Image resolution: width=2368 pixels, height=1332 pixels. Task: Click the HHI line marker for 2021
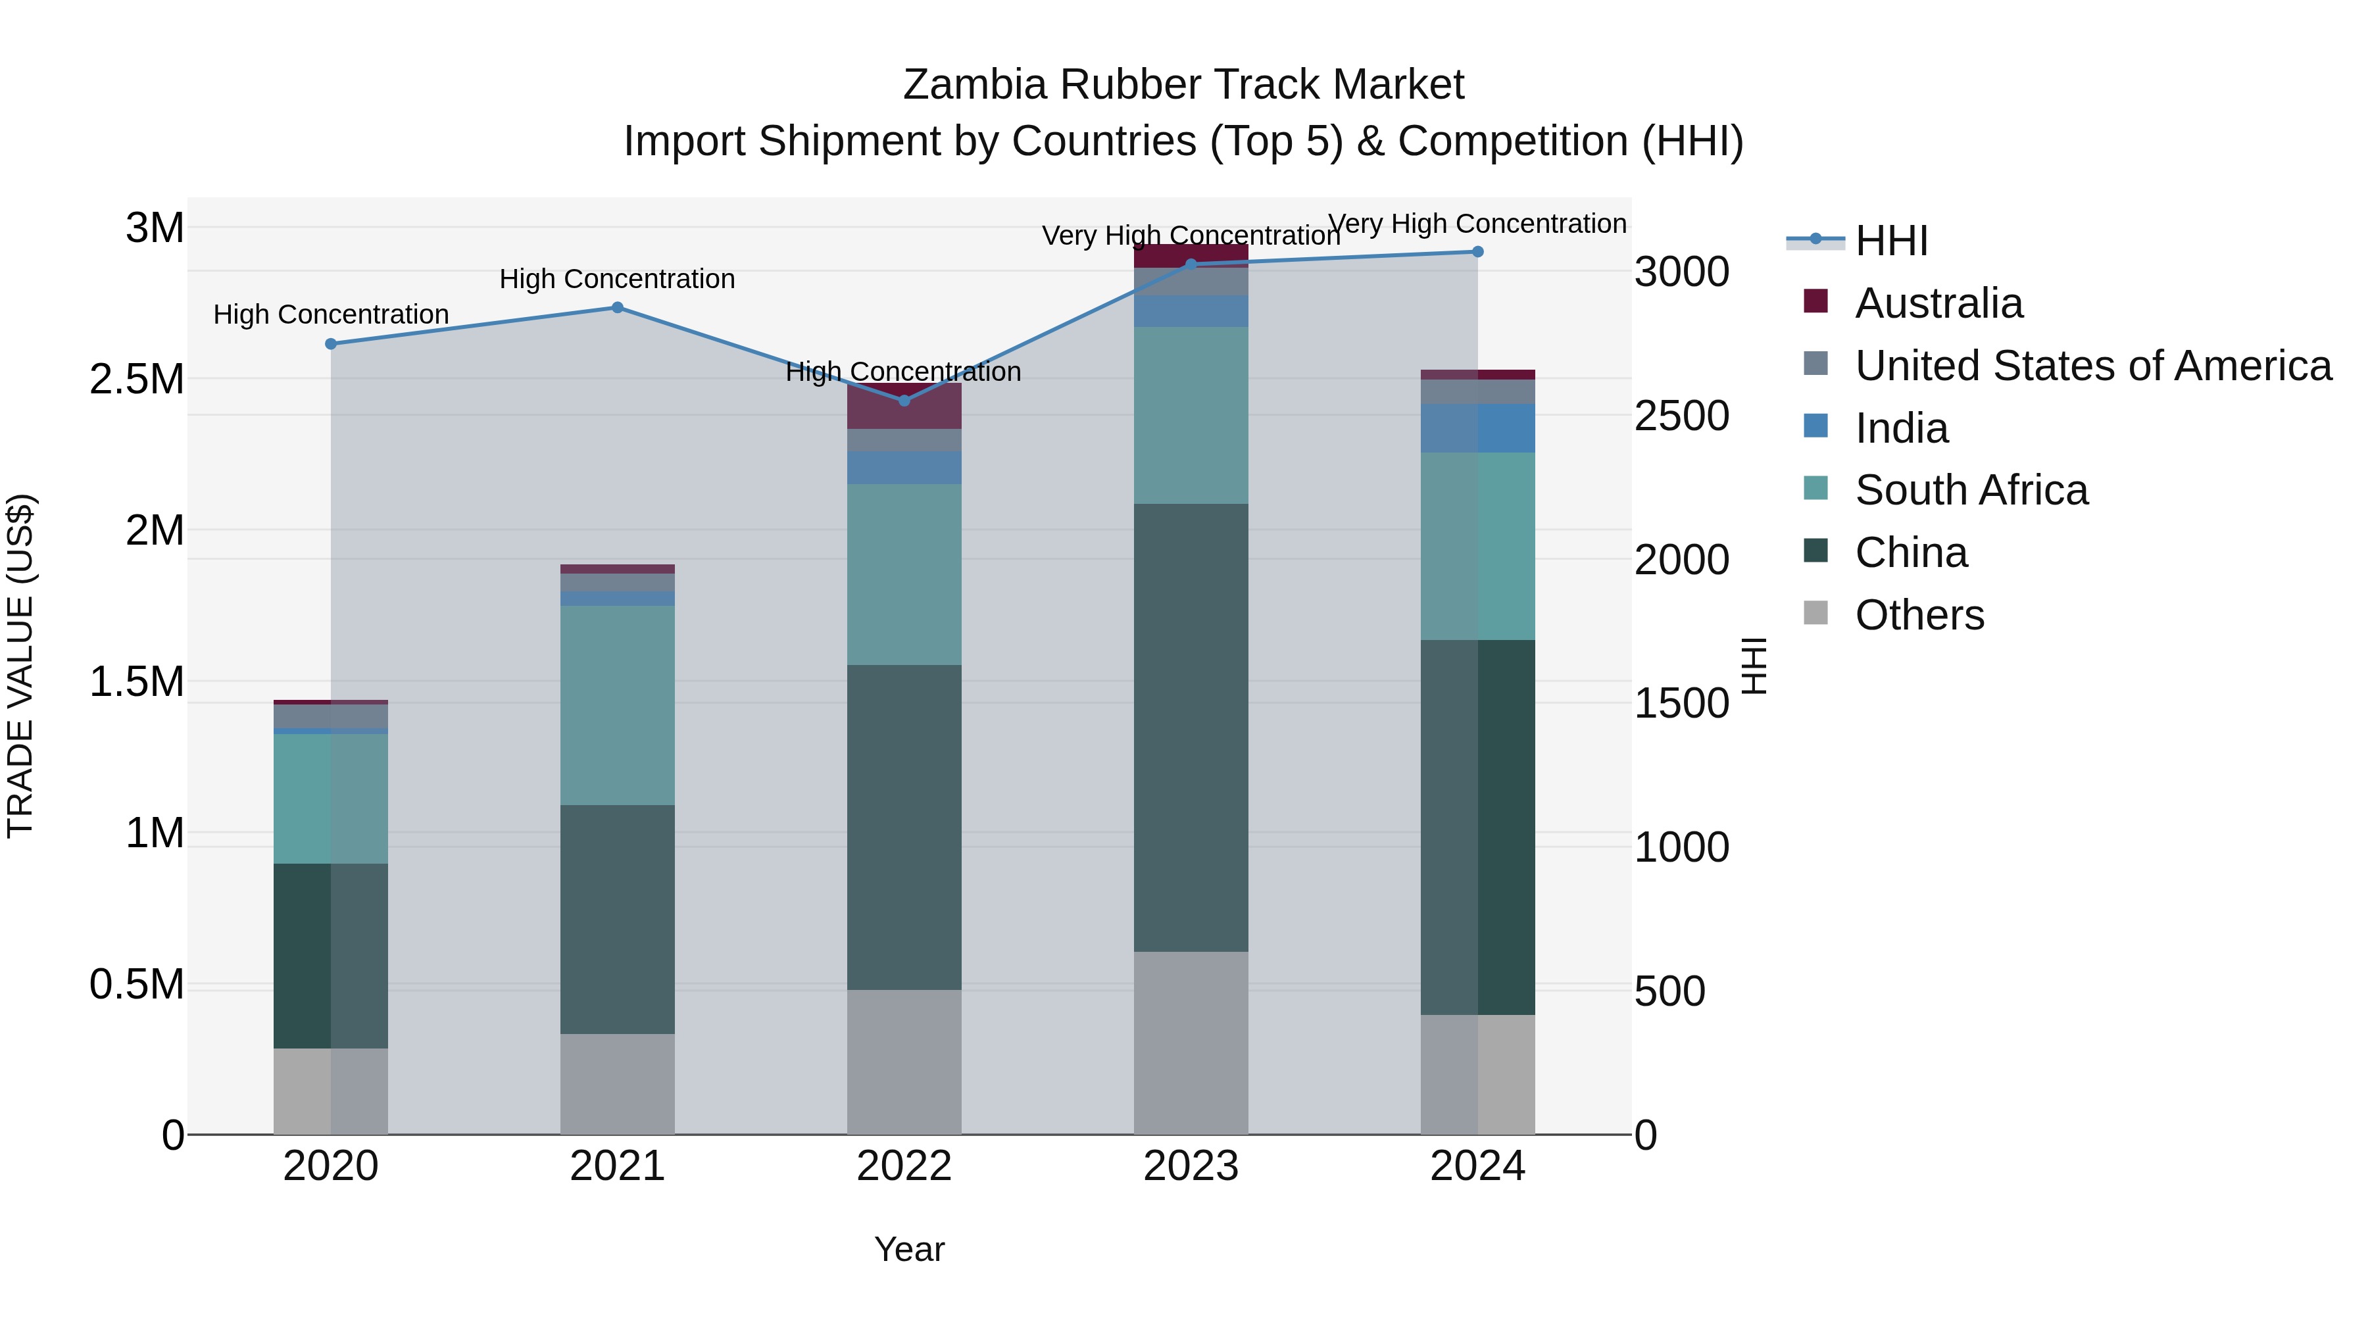[x=617, y=308]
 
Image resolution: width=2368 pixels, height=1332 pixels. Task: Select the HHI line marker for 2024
[x=1477, y=252]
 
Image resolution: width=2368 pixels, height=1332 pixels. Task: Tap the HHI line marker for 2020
[x=331, y=344]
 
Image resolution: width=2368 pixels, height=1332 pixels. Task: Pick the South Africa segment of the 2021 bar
[x=617, y=705]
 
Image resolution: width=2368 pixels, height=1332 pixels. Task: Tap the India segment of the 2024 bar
[x=1477, y=428]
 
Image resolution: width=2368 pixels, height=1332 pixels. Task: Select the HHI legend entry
[x=1891, y=241]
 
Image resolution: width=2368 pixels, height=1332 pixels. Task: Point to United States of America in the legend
[x=2093, y=366]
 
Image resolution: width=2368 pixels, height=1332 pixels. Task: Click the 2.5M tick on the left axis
[x=138, y=379]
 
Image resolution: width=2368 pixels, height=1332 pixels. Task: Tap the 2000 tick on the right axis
[x=1681, y=560]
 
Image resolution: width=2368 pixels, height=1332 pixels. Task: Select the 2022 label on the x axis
[x=904, y=1166]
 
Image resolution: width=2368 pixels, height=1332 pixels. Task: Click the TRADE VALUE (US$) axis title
[x=20, y=666]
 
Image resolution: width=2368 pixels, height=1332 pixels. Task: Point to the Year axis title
[x=909, y=1249]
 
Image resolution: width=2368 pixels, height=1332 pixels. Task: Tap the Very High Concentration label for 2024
[x=1477, y=224]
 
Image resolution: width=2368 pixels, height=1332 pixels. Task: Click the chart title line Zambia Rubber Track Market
[x=1183, y=85]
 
